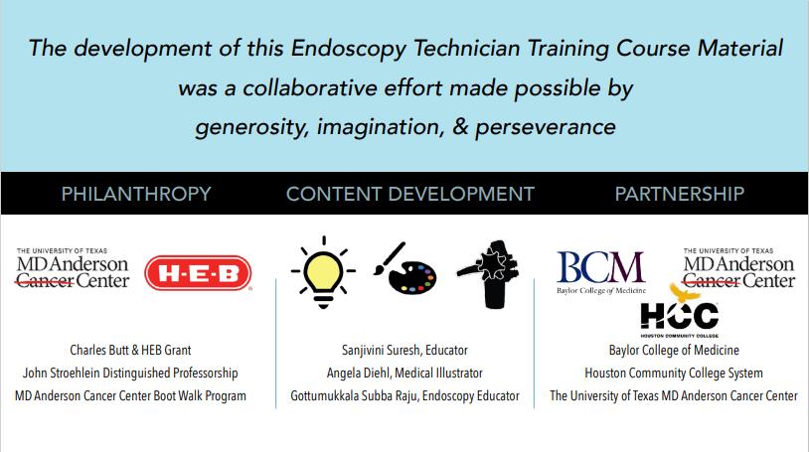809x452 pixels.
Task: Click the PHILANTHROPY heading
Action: click(x=136, y=194)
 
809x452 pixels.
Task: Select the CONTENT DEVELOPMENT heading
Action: click(x=410, y=194)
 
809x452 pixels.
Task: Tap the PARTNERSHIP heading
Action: click(x=680, y=194)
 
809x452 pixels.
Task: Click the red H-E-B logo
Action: click(x=198, y=273)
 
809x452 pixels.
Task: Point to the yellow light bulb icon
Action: click(x=323, y=272)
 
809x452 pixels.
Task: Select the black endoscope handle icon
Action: click(x=489, y=274)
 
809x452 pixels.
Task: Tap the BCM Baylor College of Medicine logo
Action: click(x=601, y=273)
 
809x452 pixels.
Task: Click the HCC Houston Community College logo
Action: click(x=680, y=311)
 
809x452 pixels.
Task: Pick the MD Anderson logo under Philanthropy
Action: click(x=73, y=268)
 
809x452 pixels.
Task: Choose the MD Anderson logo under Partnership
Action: click(x=738, y=268)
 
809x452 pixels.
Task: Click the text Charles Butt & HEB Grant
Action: click(x=130, y=351)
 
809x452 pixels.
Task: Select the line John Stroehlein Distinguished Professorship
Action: click(x=130, y=374)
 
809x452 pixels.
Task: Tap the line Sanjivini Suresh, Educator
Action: click(x=405, y=351)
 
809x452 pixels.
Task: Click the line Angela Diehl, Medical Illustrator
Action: click(x=405, y=374)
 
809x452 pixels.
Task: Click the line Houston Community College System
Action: click(x=674, y=374)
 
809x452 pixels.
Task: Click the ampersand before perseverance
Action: click(x=460, y=127)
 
